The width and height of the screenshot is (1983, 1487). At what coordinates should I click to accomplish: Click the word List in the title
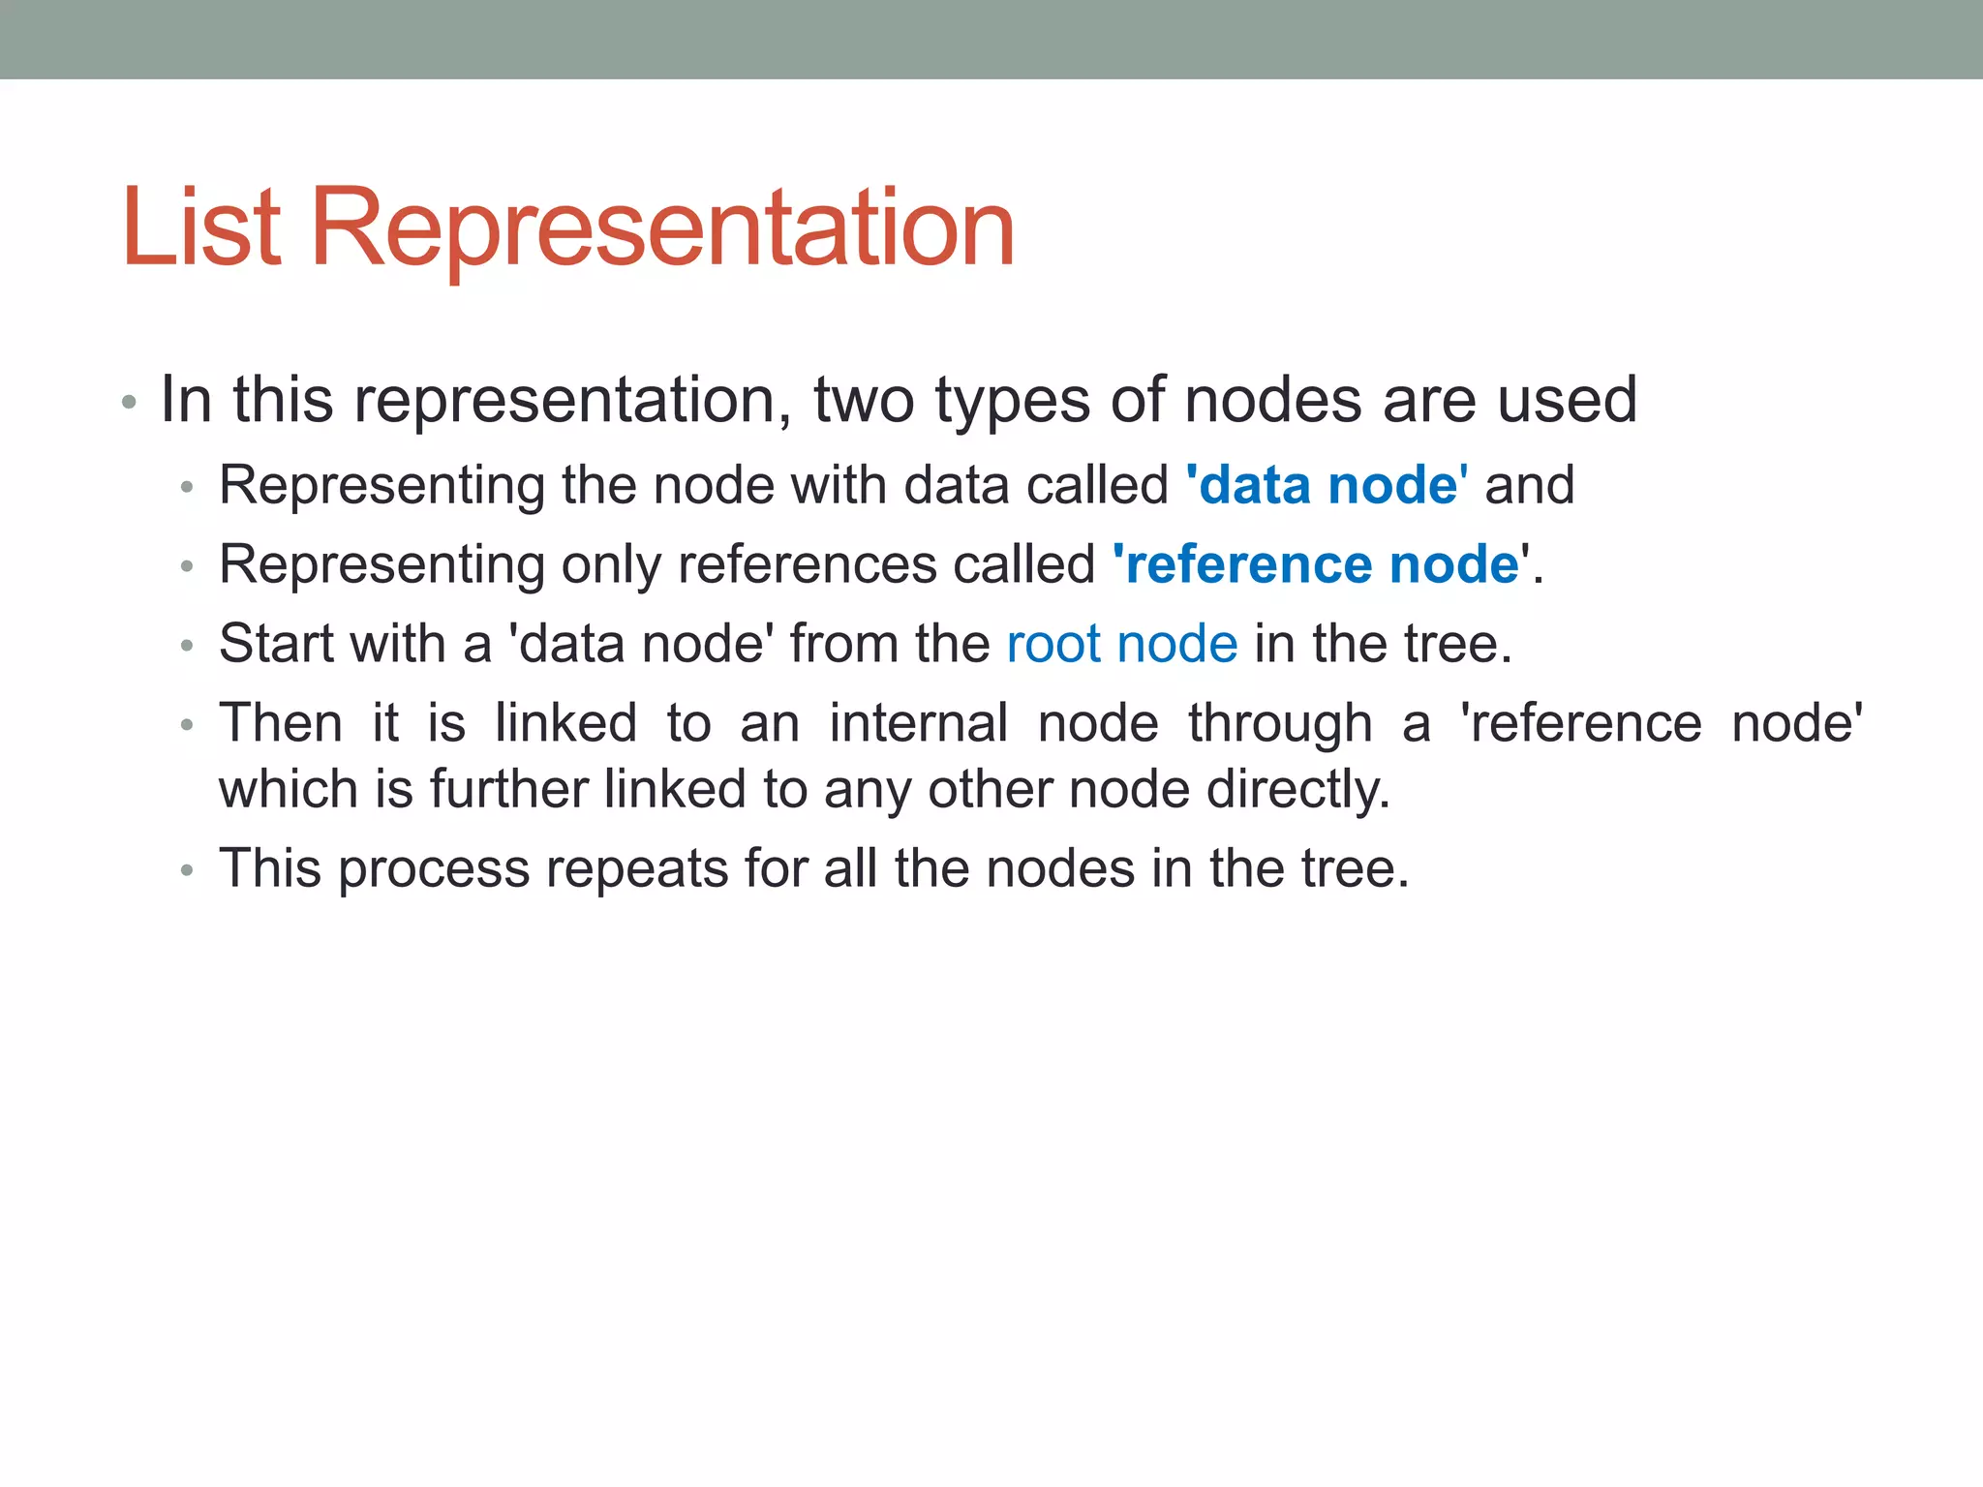coord(201,228)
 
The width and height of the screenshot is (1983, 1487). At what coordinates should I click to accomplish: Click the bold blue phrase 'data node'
coord(1327,485)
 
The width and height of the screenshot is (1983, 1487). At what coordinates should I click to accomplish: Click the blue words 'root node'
coord(1122,644)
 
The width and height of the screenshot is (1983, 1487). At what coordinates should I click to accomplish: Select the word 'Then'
coord(281,723)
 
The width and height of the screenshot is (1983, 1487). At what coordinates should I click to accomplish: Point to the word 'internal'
coord(918,723)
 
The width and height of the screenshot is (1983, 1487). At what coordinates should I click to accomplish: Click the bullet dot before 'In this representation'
coord(129,402)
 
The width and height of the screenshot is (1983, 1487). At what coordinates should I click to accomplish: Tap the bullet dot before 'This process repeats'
coord(188,870)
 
